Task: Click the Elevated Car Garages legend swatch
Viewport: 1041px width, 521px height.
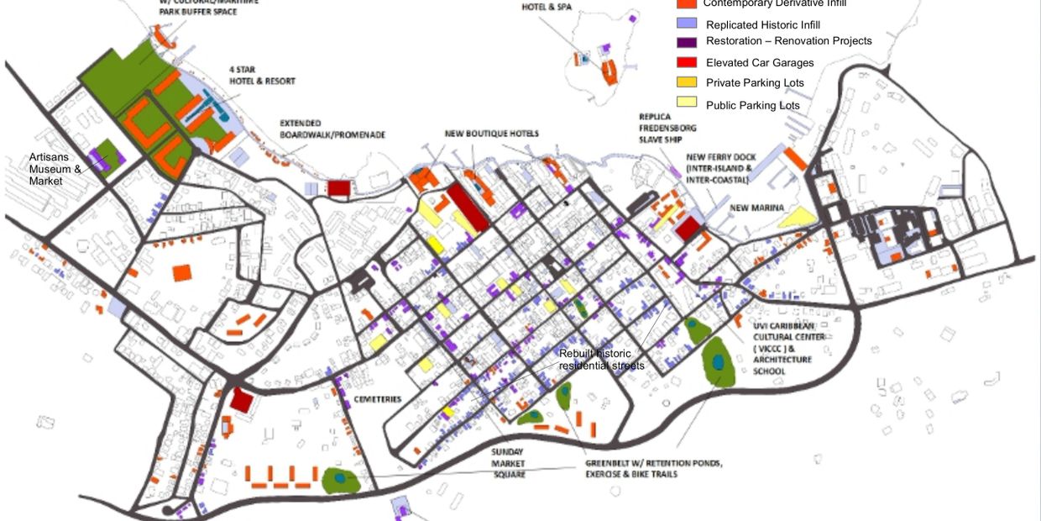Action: [686, 62]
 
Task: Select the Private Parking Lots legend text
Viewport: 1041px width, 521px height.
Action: [755, 82]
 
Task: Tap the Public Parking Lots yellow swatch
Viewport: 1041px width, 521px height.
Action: [686, 103]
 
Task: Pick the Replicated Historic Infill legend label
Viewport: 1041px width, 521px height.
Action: [762, 25]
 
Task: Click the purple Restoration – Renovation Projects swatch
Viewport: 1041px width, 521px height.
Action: [686, 42]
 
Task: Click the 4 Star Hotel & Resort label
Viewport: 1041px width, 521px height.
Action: [262, 76]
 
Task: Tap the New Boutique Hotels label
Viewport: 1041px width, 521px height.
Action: [491, 134]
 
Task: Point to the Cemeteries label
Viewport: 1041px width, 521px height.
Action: [377, 399]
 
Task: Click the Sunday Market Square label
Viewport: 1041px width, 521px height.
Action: [509, 463]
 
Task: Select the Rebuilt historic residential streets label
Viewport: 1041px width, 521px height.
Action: [601, 360]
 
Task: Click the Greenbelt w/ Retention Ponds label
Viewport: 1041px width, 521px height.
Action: [652, 469]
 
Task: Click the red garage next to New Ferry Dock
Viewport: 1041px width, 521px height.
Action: [688, 228]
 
